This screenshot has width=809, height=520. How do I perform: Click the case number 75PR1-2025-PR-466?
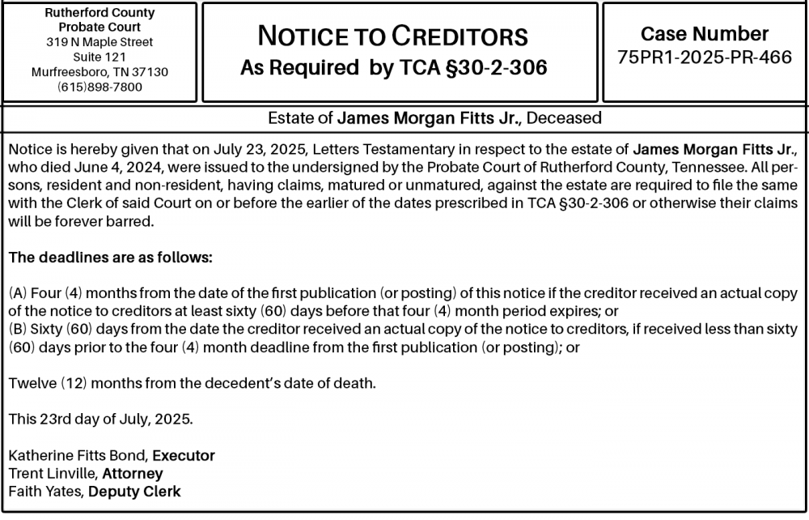(x=705, y=58)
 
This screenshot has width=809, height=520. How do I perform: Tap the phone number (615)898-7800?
(x=100, y=87)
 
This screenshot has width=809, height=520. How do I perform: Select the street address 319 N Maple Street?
(x=100, y=42)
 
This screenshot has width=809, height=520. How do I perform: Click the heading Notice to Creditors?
(x=392, y=36)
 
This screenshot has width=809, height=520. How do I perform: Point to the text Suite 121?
(x=100, y=57)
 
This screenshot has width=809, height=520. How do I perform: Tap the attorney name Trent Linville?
(x=53, y=473)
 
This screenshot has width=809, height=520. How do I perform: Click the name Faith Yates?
(x=45, y=491)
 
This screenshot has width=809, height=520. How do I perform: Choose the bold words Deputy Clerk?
(x=134, y=491)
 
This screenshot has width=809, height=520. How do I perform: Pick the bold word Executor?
(x=184, y=455)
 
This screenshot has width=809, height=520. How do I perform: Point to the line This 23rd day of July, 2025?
(x=100, y=420)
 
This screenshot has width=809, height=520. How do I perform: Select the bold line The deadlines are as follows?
(x=110, y=258)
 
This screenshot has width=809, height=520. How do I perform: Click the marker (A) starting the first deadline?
(x=17, y=293)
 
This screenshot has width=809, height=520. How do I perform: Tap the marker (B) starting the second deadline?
(x=17, y=330)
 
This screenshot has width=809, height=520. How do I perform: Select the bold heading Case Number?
(x=705, y=34)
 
